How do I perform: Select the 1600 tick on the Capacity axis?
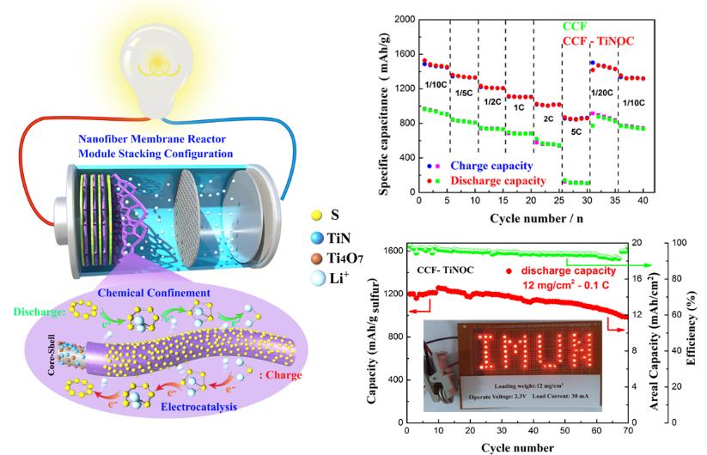click(x=393, y=251)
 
